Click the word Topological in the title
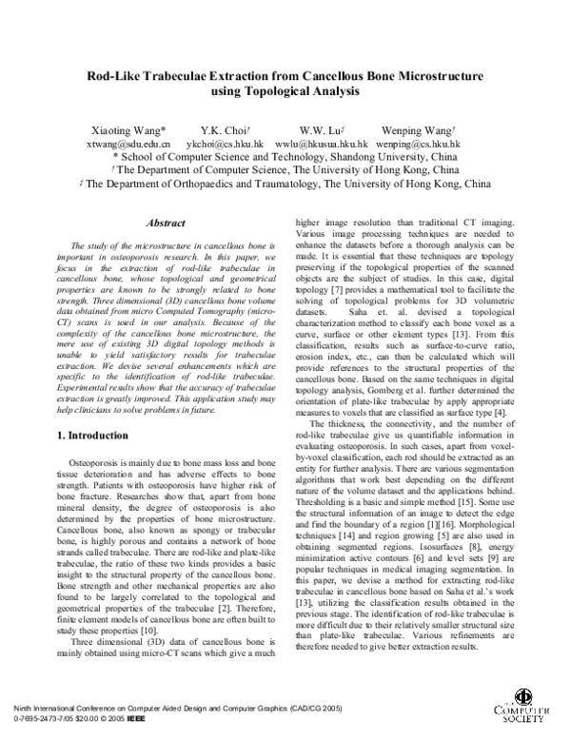pyautogui.click(x=249, y=91)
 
